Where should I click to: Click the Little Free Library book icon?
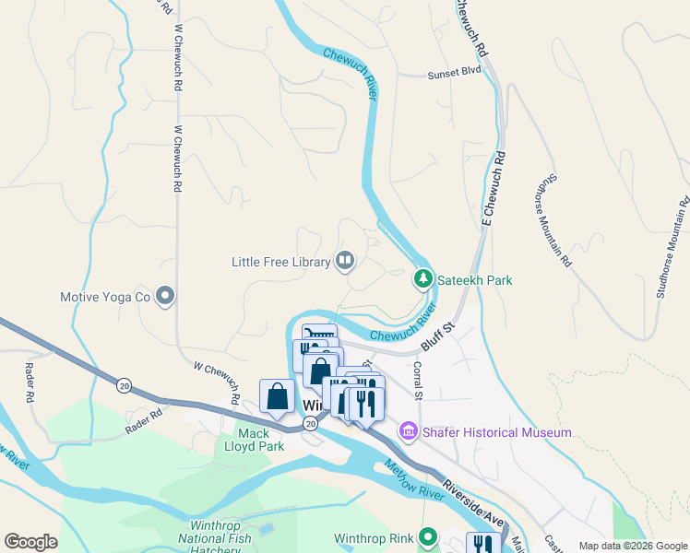(345, 262)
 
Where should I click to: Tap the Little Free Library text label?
(280, 263)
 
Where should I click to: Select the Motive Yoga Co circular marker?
(166, 297)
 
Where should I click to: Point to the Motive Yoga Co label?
(104, 297)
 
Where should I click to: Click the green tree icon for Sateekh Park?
(422, 277)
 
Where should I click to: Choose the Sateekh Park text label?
(474, 279)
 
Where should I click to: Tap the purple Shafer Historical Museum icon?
(409, 430)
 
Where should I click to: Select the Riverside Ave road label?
(473, 500)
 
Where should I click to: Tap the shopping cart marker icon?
(319, 337)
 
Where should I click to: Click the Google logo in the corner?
(30, 542)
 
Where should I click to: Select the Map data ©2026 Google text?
(633, 546)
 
